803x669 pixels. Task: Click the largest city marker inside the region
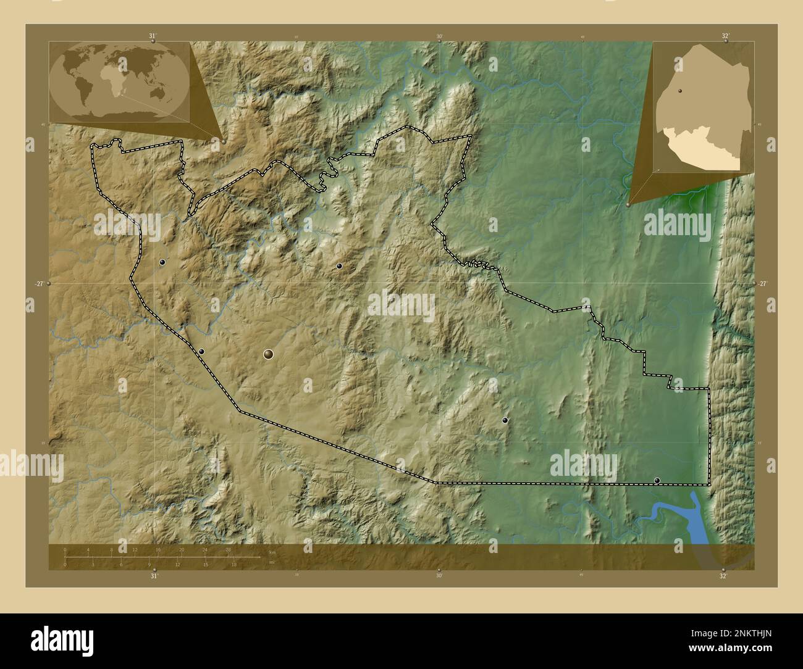click(x=268, y=354)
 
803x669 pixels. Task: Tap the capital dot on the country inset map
click(x=679, y=91)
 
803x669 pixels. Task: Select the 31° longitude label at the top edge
click(x=153, y=36)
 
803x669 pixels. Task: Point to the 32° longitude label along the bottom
click(x=723, y=576)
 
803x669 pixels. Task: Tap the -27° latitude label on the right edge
click(x=763, y=283)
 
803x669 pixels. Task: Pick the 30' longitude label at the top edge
click(x=439, y=36)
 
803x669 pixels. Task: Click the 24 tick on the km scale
click(x=204, y=550)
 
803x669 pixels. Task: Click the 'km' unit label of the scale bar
click(x=272, y=551)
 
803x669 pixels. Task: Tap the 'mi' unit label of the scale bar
click(x=271, y=563)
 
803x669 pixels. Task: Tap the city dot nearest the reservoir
click(x=657, y=480)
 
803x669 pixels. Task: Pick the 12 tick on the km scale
click(x=135, y=550)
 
